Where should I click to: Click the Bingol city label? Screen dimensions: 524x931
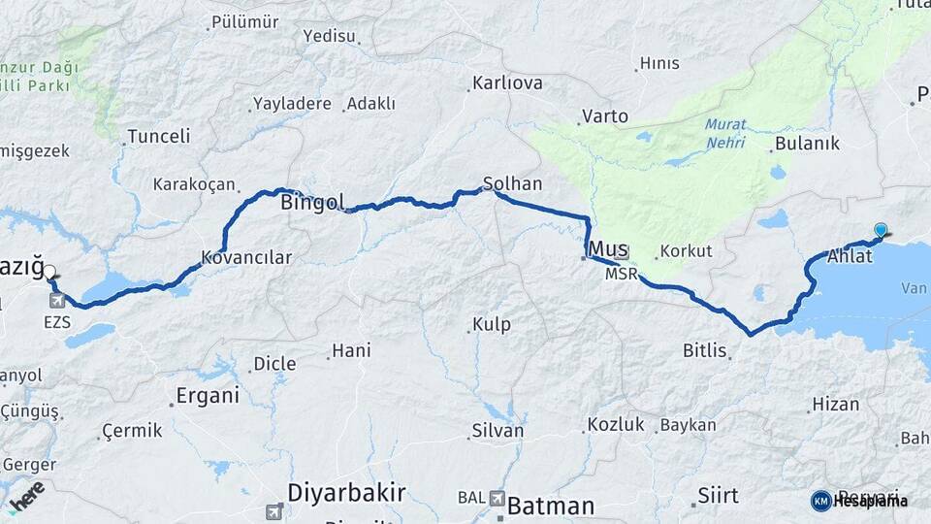pos(311,203)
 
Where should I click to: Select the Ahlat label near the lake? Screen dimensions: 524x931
pos(850,256)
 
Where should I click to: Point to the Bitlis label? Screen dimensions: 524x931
pos(704,350)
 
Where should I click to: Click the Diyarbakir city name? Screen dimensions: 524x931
pos(346,492)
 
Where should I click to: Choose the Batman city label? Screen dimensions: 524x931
pos(551,506)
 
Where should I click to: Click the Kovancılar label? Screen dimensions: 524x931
pos(245,257)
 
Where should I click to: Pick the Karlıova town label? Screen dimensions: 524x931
pos(507,83)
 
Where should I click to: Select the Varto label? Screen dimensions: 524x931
pos(604,116)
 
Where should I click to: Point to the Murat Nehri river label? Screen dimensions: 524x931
pos(724,133)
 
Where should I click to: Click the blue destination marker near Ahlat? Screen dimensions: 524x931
pos(881,230)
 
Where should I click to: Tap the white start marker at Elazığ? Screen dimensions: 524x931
pos(49,274)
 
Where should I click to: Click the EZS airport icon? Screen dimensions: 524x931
pos(55,301)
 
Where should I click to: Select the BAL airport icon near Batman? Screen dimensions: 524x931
pos(498,499)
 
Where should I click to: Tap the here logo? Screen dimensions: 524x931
pos(26,495)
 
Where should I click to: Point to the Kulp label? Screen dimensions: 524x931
pos(491,324)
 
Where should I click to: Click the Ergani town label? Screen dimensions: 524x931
pos(207,395)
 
